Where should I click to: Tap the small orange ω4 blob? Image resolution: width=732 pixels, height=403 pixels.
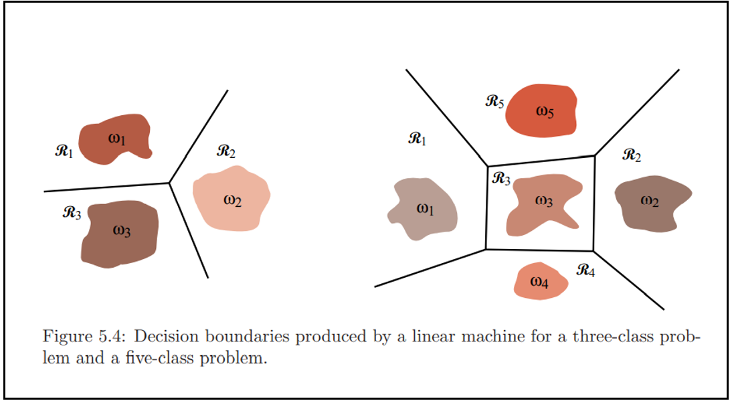coord(541,281)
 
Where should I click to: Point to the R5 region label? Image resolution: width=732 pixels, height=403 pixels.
coord(494,102)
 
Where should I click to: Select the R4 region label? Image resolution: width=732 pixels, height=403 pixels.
coord(585,270)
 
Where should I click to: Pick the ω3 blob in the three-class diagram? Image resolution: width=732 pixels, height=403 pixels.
coord(120,233)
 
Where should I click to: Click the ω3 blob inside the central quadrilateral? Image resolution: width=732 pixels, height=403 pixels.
coord(542,203)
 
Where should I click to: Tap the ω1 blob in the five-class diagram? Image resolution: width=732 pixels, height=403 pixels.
coord(424,209)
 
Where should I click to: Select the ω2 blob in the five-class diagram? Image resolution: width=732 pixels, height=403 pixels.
coord(651,201)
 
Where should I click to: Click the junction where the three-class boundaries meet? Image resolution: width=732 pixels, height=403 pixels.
coord(169,182)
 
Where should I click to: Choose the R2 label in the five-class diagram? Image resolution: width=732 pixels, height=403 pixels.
coord(632,155)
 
